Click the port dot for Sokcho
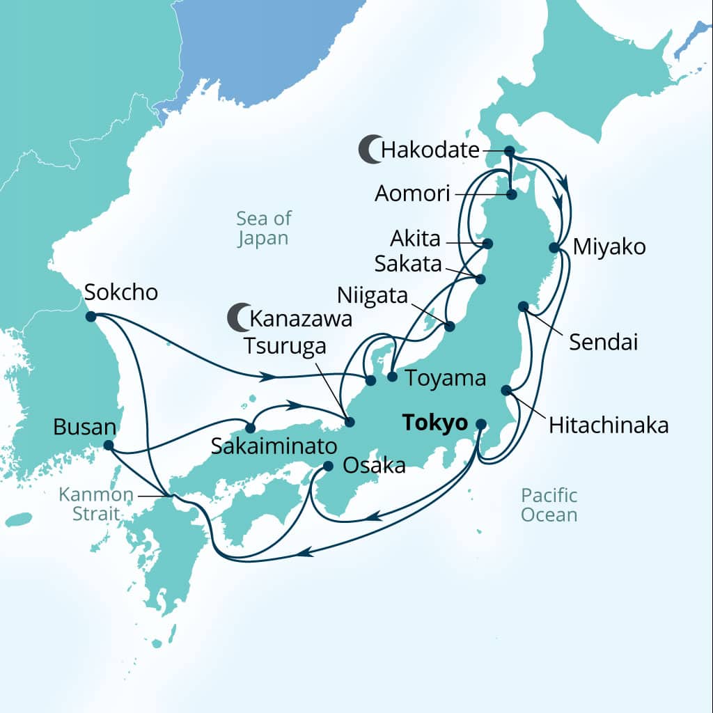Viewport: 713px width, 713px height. [x=91, y=317]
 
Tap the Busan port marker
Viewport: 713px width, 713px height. [x=109, y=445]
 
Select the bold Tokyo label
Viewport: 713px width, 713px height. [x=433, y=423]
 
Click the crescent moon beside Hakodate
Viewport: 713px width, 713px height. [x=370, y=150]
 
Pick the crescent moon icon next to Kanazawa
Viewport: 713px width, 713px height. [x=238, y=318]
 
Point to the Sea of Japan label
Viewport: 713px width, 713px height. [x=263, y=228]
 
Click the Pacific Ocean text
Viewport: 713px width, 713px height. [x=549, y=506]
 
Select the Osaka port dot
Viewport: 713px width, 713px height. [x=329, y=466]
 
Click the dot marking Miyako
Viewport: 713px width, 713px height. [x=554, y=247]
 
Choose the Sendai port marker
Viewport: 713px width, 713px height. [x=523, y=306]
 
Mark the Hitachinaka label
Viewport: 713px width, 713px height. [x=608, y=425]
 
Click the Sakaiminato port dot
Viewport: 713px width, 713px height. [x=249, y=428]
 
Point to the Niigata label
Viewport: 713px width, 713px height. [x=373, y=295]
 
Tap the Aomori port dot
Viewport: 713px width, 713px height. [x=511, y=194]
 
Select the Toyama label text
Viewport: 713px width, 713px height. [x=445, y=379]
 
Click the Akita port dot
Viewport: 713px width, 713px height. [x=487, y=244]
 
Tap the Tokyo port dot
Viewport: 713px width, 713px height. [x=480, y=423]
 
